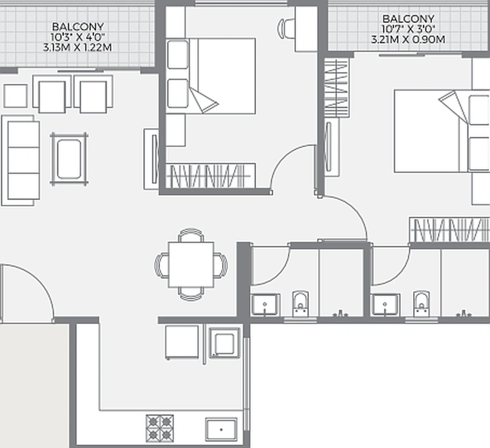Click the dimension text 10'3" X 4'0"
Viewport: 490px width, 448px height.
point(78,37)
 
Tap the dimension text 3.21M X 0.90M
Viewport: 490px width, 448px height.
point(408,39)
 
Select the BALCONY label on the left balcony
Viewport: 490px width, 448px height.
point(78,26)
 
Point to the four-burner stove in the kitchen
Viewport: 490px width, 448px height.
point(160,427)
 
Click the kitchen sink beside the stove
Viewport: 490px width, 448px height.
point(221,430)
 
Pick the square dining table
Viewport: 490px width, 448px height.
point(190,264)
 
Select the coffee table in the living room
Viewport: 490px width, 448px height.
point(69,159)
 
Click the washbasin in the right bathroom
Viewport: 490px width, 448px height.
point(386,305)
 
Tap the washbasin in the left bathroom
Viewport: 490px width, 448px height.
point(265,305)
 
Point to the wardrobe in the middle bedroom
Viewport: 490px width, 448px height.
point(209,175)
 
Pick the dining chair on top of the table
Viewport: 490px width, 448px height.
point(190,235)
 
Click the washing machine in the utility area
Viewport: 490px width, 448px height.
point(224,342)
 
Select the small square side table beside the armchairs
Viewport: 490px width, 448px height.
point(15,96)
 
